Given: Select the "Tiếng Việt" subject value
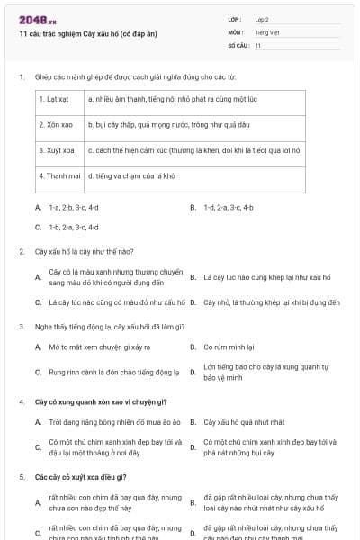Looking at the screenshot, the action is pyautogui.click(x=265, y=31).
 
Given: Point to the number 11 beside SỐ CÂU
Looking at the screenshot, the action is pyautogui.click(x=258, y=45).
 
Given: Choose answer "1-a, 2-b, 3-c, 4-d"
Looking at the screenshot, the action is pyautogui.click(x=74, y=207).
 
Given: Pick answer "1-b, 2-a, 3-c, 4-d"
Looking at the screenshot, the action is pyautogui.click(x=74, y=228).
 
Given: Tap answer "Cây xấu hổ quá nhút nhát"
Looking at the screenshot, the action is pyautogui.click(x=244, y=421).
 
